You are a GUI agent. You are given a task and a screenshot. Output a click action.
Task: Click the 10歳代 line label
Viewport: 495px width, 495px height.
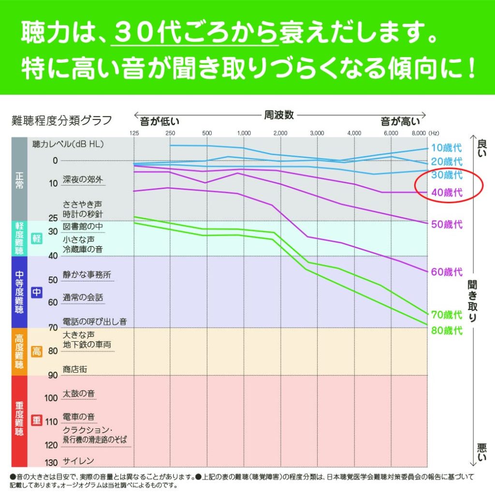coord(447,148)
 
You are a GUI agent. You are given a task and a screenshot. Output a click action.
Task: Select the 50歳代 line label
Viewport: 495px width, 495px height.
coord(447,224)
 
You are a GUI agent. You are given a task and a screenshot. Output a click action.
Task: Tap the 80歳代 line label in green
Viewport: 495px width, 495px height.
coord(447,331)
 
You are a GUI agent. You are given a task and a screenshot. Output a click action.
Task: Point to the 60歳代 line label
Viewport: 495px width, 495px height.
coord(447,272)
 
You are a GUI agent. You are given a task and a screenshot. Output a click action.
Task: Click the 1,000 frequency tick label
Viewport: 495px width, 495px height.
coord(244,133)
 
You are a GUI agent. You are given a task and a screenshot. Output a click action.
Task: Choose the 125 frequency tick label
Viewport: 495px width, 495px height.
coord(134,133)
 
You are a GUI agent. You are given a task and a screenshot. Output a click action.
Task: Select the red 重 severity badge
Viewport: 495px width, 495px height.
coord(37,420)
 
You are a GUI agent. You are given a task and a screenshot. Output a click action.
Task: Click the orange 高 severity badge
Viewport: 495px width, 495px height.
coord(37,351)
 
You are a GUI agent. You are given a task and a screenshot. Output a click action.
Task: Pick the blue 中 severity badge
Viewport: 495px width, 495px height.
coord(37,292)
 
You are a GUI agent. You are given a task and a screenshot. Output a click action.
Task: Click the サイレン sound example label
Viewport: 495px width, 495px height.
coord(78,461)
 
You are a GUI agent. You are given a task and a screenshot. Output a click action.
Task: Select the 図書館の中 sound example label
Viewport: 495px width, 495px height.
coord(83,226)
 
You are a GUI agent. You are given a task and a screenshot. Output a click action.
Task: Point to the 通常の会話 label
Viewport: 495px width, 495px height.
coord(83,297)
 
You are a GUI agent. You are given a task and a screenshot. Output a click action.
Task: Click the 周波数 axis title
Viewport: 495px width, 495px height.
coord(279,116)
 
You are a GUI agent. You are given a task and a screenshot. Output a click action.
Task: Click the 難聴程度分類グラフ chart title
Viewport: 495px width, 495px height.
coord(61,120)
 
